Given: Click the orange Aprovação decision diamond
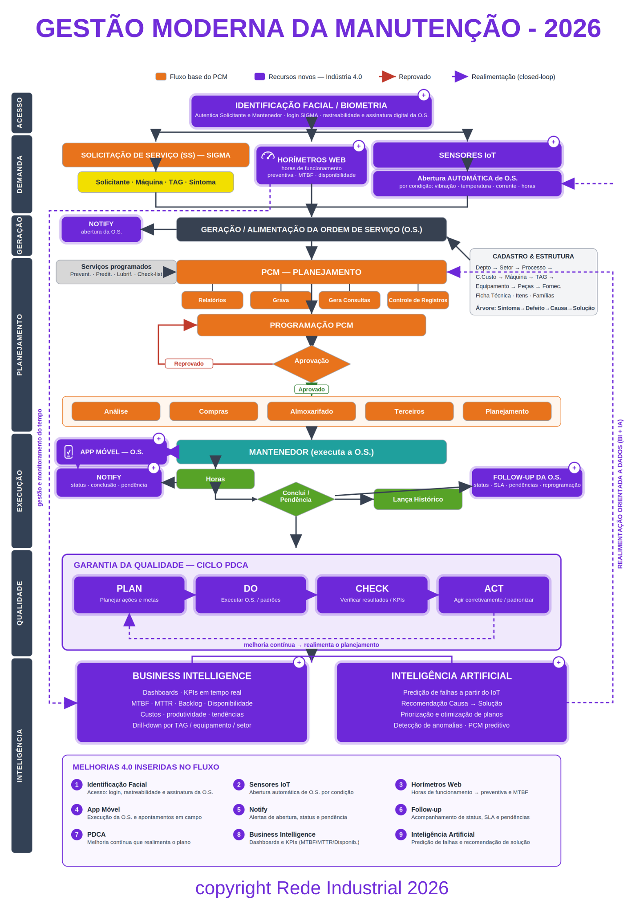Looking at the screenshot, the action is (312, 363).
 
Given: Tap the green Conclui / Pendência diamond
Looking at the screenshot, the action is (296, 499).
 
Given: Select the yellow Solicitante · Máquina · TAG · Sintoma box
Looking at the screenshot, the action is (156, 182).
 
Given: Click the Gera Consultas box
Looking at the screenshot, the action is (349, 300).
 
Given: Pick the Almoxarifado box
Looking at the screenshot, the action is (312, 411).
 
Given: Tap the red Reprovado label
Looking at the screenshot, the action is (189, 364).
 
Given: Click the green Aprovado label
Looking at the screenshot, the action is (312, 389).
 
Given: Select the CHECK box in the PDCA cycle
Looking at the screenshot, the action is (372, 595).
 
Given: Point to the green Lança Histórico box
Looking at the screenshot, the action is (418, 499).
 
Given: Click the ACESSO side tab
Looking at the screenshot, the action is (21, 113).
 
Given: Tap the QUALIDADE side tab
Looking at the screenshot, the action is (21, 603).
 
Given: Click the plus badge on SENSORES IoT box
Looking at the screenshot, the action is (553, 142).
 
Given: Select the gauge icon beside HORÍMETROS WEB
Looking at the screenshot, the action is (268, 155).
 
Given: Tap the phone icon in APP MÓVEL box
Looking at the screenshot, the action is (69, 452).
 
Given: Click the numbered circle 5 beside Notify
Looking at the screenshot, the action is (239, 810).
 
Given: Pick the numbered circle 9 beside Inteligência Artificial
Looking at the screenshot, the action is (401, 835).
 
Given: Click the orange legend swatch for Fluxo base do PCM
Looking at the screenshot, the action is (161, 77).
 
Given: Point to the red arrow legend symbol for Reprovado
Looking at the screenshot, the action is (387, 77).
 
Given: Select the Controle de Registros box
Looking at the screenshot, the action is (418, 300).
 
